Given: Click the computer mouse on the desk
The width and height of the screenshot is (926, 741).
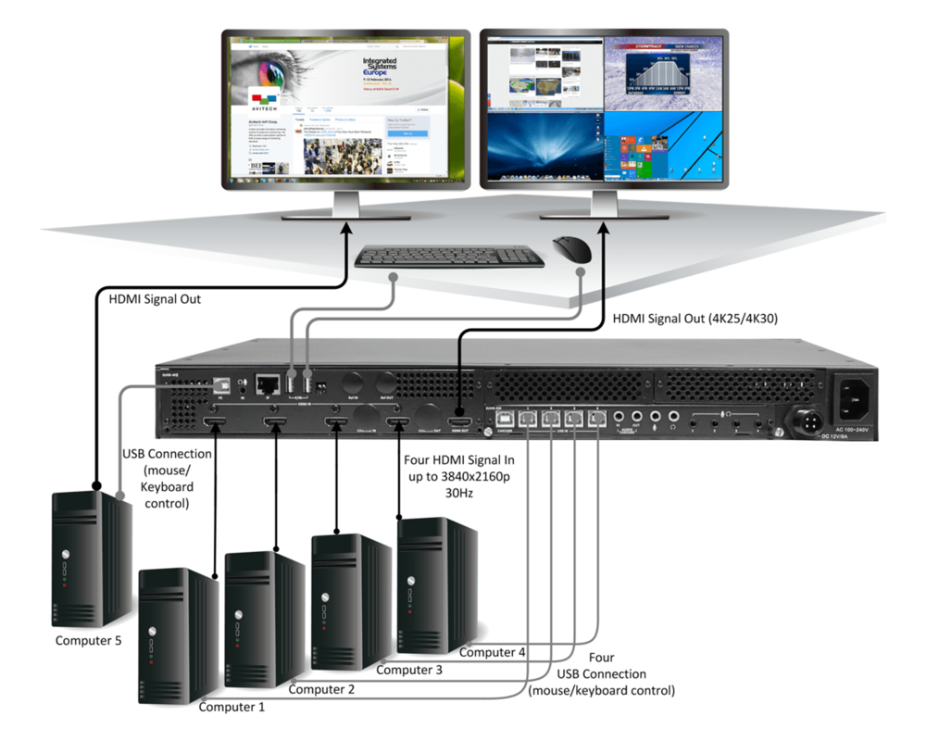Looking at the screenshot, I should [571, 250].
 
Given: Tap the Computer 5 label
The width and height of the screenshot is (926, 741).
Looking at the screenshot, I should [90, 640].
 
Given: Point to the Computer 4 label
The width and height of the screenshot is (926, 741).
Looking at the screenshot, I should [493, 652].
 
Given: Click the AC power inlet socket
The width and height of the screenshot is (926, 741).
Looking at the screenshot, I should [857, 397].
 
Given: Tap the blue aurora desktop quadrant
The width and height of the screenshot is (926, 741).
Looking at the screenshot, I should [545, 149].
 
